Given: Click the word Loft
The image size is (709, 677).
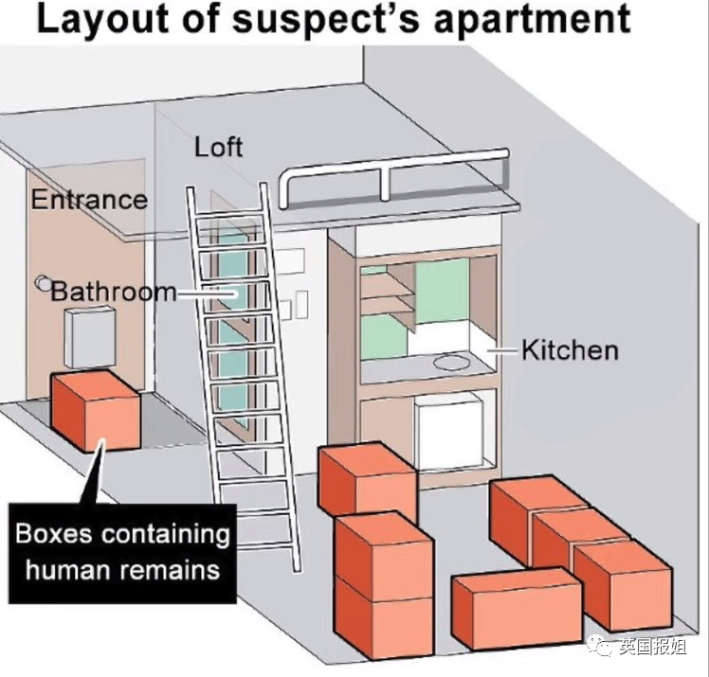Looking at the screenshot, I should [218, 148].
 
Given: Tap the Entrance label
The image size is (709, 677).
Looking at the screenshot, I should [89, 200].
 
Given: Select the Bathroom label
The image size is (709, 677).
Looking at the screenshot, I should [113, 290].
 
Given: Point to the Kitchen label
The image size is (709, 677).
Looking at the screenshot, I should [570, 349].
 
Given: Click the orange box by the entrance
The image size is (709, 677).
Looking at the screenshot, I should [95, 411].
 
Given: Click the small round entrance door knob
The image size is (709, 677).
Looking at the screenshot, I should [42, 281].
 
